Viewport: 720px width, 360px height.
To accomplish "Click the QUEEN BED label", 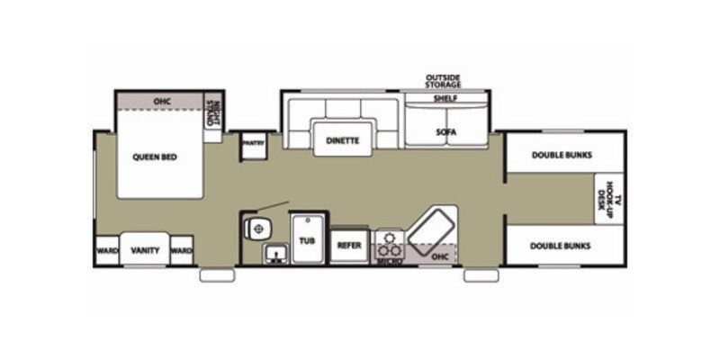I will [155, 157].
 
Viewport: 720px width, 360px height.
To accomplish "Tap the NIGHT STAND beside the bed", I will [213, 112].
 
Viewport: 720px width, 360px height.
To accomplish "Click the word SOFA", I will [446, 132].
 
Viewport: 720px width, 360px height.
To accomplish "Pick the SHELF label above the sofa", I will [445, 98].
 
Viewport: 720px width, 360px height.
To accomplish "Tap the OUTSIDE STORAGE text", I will [443, 81].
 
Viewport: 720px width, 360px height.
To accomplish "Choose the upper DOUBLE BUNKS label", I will [562, 155].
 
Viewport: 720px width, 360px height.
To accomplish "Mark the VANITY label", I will [145, 250].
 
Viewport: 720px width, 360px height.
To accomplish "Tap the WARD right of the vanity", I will [181, 250].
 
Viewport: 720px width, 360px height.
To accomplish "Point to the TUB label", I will [308, 241].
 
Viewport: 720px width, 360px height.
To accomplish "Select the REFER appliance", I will [348, 245].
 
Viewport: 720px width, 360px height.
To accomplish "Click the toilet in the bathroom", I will [259, 228].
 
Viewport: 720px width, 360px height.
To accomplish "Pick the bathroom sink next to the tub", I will [274, 254].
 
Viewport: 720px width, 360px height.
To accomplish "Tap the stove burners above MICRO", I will [388, 243].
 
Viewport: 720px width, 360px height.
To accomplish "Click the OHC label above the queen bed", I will [162, 101].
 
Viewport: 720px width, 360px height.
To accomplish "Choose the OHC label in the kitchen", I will [439, 256].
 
